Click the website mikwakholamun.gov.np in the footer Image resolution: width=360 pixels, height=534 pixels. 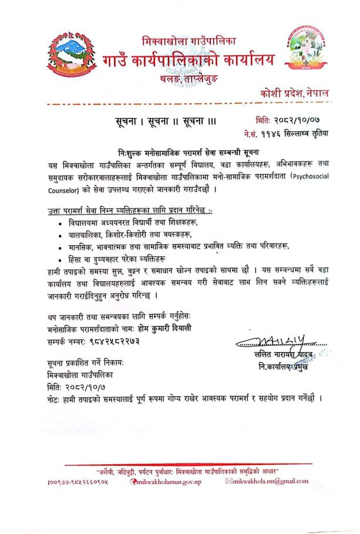(169, 482)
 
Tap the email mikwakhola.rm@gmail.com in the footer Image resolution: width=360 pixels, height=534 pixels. (270, 482)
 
